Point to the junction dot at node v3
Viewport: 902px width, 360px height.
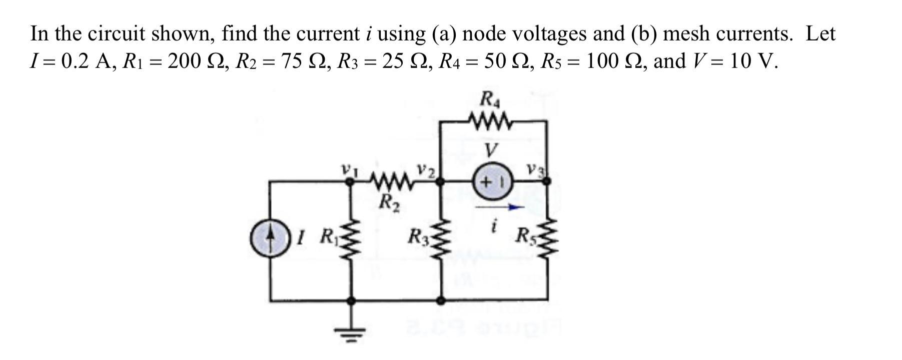[547, 181]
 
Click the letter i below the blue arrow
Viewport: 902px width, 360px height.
[494, 227]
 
